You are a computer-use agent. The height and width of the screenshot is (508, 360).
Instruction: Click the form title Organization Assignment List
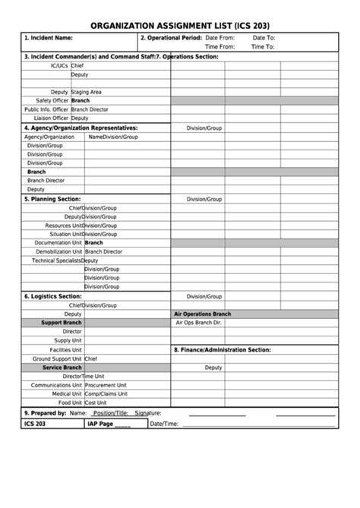click(x=180, y=25)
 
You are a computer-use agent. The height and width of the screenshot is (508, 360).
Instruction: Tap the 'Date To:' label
click(x=264, y=37)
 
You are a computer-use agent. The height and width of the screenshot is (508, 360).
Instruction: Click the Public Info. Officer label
click(x=46, y=109)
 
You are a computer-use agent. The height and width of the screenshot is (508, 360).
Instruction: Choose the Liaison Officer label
click(x=49, y=118)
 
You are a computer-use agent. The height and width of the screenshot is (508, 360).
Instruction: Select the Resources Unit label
click(x=63, y=226)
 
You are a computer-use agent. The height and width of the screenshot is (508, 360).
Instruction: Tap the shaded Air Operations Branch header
click(x=202, y=314)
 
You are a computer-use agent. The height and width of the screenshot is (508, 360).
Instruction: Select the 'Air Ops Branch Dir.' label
click(x=198, y=323)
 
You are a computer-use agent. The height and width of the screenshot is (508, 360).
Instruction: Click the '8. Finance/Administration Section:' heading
click(x=222, y=349)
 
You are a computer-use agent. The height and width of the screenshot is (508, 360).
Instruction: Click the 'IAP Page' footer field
click(x=109, y=424)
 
